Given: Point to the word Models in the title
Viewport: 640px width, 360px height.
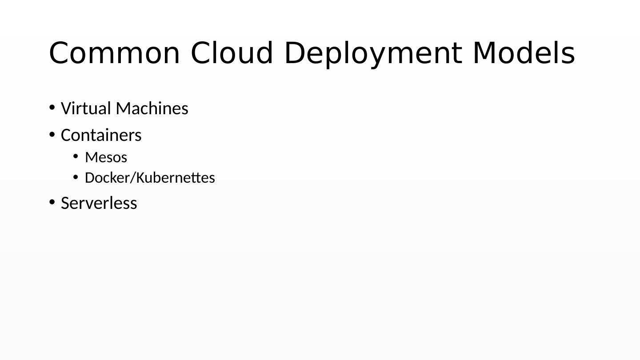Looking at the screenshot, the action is [524, 53].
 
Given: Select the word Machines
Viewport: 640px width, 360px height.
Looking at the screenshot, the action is [152, 108].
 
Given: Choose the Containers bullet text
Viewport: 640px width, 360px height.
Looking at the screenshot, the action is [101, 135].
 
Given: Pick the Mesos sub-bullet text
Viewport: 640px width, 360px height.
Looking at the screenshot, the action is [106, 157].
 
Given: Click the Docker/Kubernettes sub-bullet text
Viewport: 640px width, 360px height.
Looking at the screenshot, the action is [150, 178].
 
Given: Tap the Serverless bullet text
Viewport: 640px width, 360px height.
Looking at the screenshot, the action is [99, 203].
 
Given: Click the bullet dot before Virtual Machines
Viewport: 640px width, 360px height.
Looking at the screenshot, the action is [52, 107].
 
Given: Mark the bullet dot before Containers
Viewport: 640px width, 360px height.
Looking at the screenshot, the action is [52, 134].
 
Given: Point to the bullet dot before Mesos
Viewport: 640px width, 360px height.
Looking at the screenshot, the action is [76, 156].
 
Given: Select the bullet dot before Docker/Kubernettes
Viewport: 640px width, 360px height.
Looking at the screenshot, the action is [76, 177].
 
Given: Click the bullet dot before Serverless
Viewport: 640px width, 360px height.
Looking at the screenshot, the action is [52, 202].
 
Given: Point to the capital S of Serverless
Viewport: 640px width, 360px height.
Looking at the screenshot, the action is [65, 203].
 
